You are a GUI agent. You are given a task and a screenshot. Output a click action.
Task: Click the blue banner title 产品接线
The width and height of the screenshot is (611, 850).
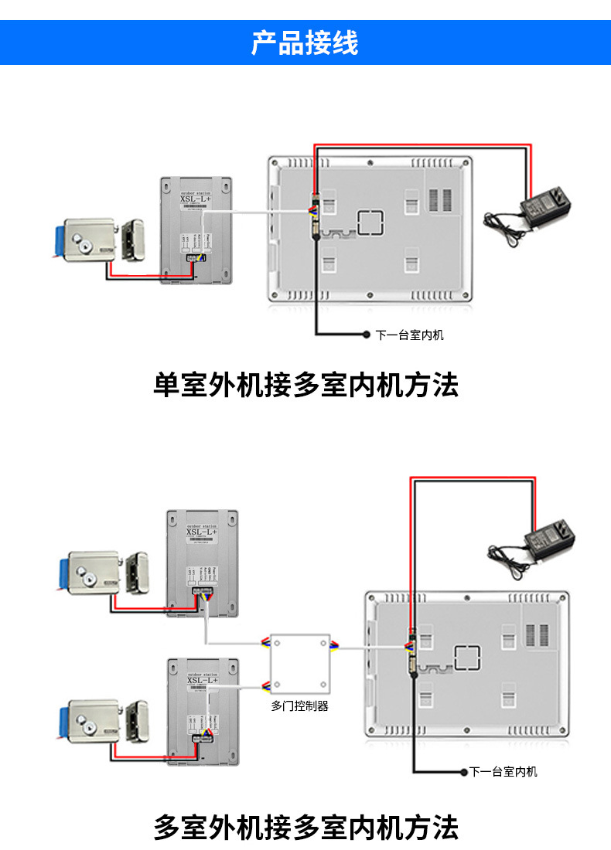click(305, 42)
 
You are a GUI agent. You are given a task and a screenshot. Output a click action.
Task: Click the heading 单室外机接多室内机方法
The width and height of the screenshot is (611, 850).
click(305, 384)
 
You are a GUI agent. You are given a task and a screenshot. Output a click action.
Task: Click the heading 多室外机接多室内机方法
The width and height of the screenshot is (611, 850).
click(305, 827)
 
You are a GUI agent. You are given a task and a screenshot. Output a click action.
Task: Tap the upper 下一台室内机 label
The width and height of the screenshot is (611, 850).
click(410, 335)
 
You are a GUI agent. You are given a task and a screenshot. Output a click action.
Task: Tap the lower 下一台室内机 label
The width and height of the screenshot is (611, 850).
click(503, 772)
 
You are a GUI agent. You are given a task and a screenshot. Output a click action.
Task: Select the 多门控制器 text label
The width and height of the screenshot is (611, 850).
click(300, 705)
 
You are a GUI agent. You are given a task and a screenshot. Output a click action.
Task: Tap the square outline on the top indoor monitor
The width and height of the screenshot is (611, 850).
click(369, 221)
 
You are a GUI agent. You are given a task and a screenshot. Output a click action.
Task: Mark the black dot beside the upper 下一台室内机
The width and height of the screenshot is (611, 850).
click(367, 335)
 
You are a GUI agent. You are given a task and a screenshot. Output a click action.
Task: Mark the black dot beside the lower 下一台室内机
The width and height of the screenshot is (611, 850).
click(464, 772)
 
